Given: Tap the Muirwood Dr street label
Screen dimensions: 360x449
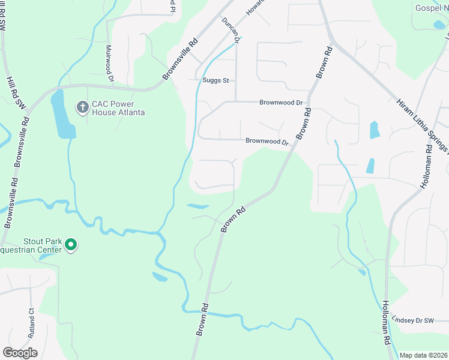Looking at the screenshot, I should (x=109, y=63).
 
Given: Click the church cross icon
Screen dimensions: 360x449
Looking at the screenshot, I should (x=82, y=107).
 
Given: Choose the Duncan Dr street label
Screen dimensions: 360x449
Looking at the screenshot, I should (x=231, y=31).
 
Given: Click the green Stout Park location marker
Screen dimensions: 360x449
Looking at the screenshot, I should (x=71, y=244).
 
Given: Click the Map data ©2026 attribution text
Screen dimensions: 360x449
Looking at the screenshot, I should (x=424, y=355).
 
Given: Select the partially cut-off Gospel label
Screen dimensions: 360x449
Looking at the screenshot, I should (x=432, y=8).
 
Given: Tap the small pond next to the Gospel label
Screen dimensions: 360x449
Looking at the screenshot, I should (x=439, y=25).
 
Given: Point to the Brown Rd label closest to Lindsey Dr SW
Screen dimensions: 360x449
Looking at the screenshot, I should (x=201, y=319).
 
